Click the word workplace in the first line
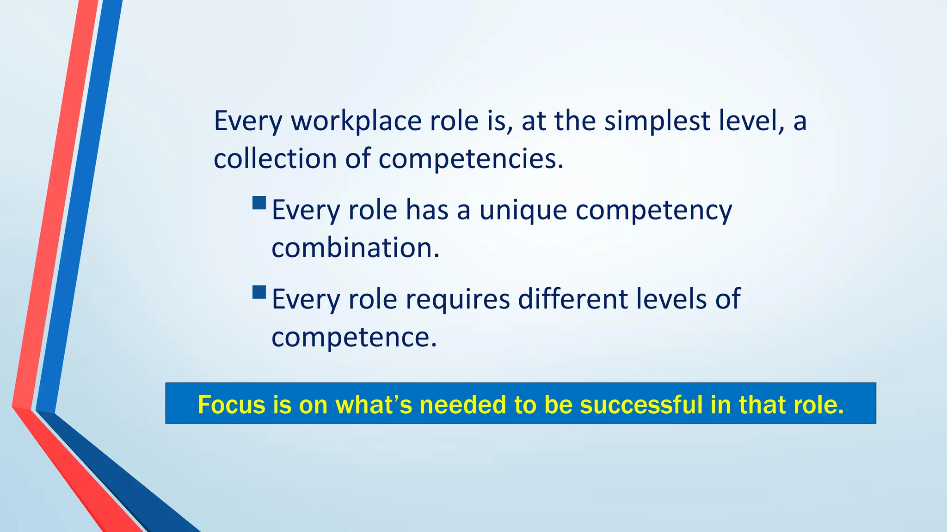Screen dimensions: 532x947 [356, 121]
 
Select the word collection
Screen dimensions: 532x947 [275, 159]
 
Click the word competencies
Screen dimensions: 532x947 [471, 160]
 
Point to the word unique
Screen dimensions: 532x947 [523, 211]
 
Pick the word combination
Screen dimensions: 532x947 [355, 248]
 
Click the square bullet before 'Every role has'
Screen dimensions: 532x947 [259, 203]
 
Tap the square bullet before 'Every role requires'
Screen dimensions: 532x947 [259, 292]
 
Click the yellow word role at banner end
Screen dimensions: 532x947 [818, 405]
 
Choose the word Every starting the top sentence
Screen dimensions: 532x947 [247, 121]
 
